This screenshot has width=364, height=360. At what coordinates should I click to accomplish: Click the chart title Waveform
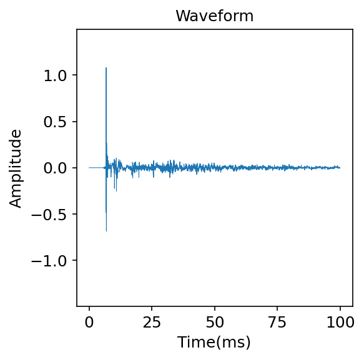(214, 16)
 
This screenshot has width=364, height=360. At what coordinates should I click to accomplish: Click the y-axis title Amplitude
(16, 168)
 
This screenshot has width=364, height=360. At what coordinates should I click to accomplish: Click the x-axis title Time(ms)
(214, 342)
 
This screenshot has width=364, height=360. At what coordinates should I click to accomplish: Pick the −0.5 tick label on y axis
(52, 214)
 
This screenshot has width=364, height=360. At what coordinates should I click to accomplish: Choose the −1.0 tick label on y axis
(52, 260)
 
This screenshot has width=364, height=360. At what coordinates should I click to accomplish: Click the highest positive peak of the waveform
(106, 68)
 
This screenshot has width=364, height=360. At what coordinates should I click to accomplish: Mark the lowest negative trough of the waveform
(106, 231)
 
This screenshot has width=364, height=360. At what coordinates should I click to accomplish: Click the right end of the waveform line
(340, 167)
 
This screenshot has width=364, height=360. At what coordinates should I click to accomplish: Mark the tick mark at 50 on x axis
(215, 308)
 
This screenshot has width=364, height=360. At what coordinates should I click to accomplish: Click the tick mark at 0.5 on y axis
(76, 122)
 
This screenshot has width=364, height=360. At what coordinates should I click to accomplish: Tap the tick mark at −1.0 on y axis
(76, 260)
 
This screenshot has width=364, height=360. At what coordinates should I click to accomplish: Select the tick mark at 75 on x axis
(277, 308)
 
